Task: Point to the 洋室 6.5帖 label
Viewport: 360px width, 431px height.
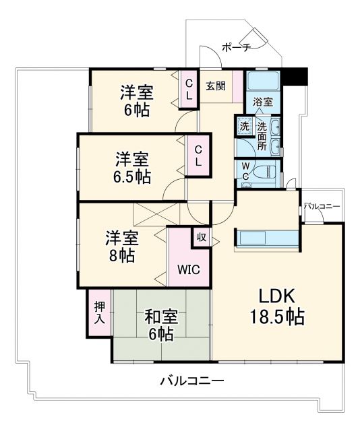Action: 131,168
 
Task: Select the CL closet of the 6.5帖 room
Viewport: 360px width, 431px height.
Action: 199,156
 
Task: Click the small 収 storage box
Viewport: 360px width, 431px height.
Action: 201,236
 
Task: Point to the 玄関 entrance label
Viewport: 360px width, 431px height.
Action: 215,86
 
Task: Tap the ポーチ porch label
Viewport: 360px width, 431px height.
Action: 236,47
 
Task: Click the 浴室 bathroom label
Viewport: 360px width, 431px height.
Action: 263,102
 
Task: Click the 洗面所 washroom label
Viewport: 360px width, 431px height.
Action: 261,135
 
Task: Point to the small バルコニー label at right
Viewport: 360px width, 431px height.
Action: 322,206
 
